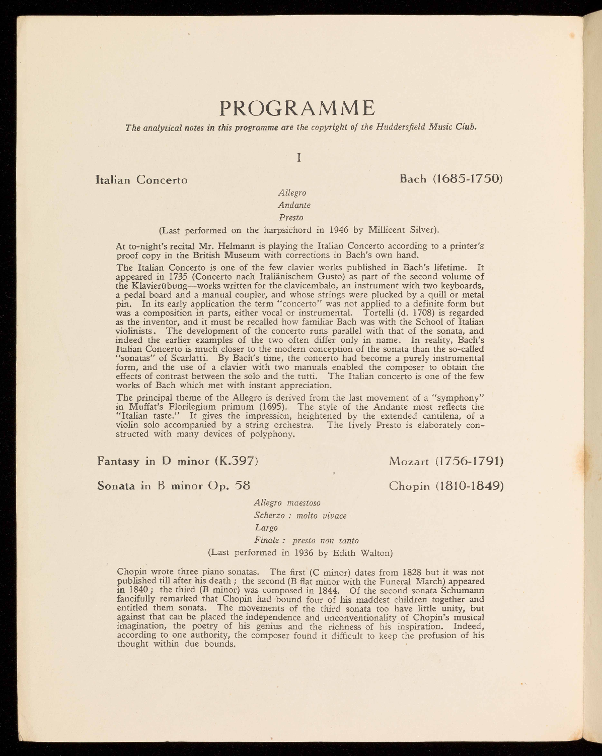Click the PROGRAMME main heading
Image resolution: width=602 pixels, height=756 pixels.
[x=298, y=108]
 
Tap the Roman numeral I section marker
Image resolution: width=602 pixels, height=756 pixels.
[x=299, y=157]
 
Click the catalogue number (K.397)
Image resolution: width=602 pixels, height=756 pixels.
[x=237, y=461]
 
